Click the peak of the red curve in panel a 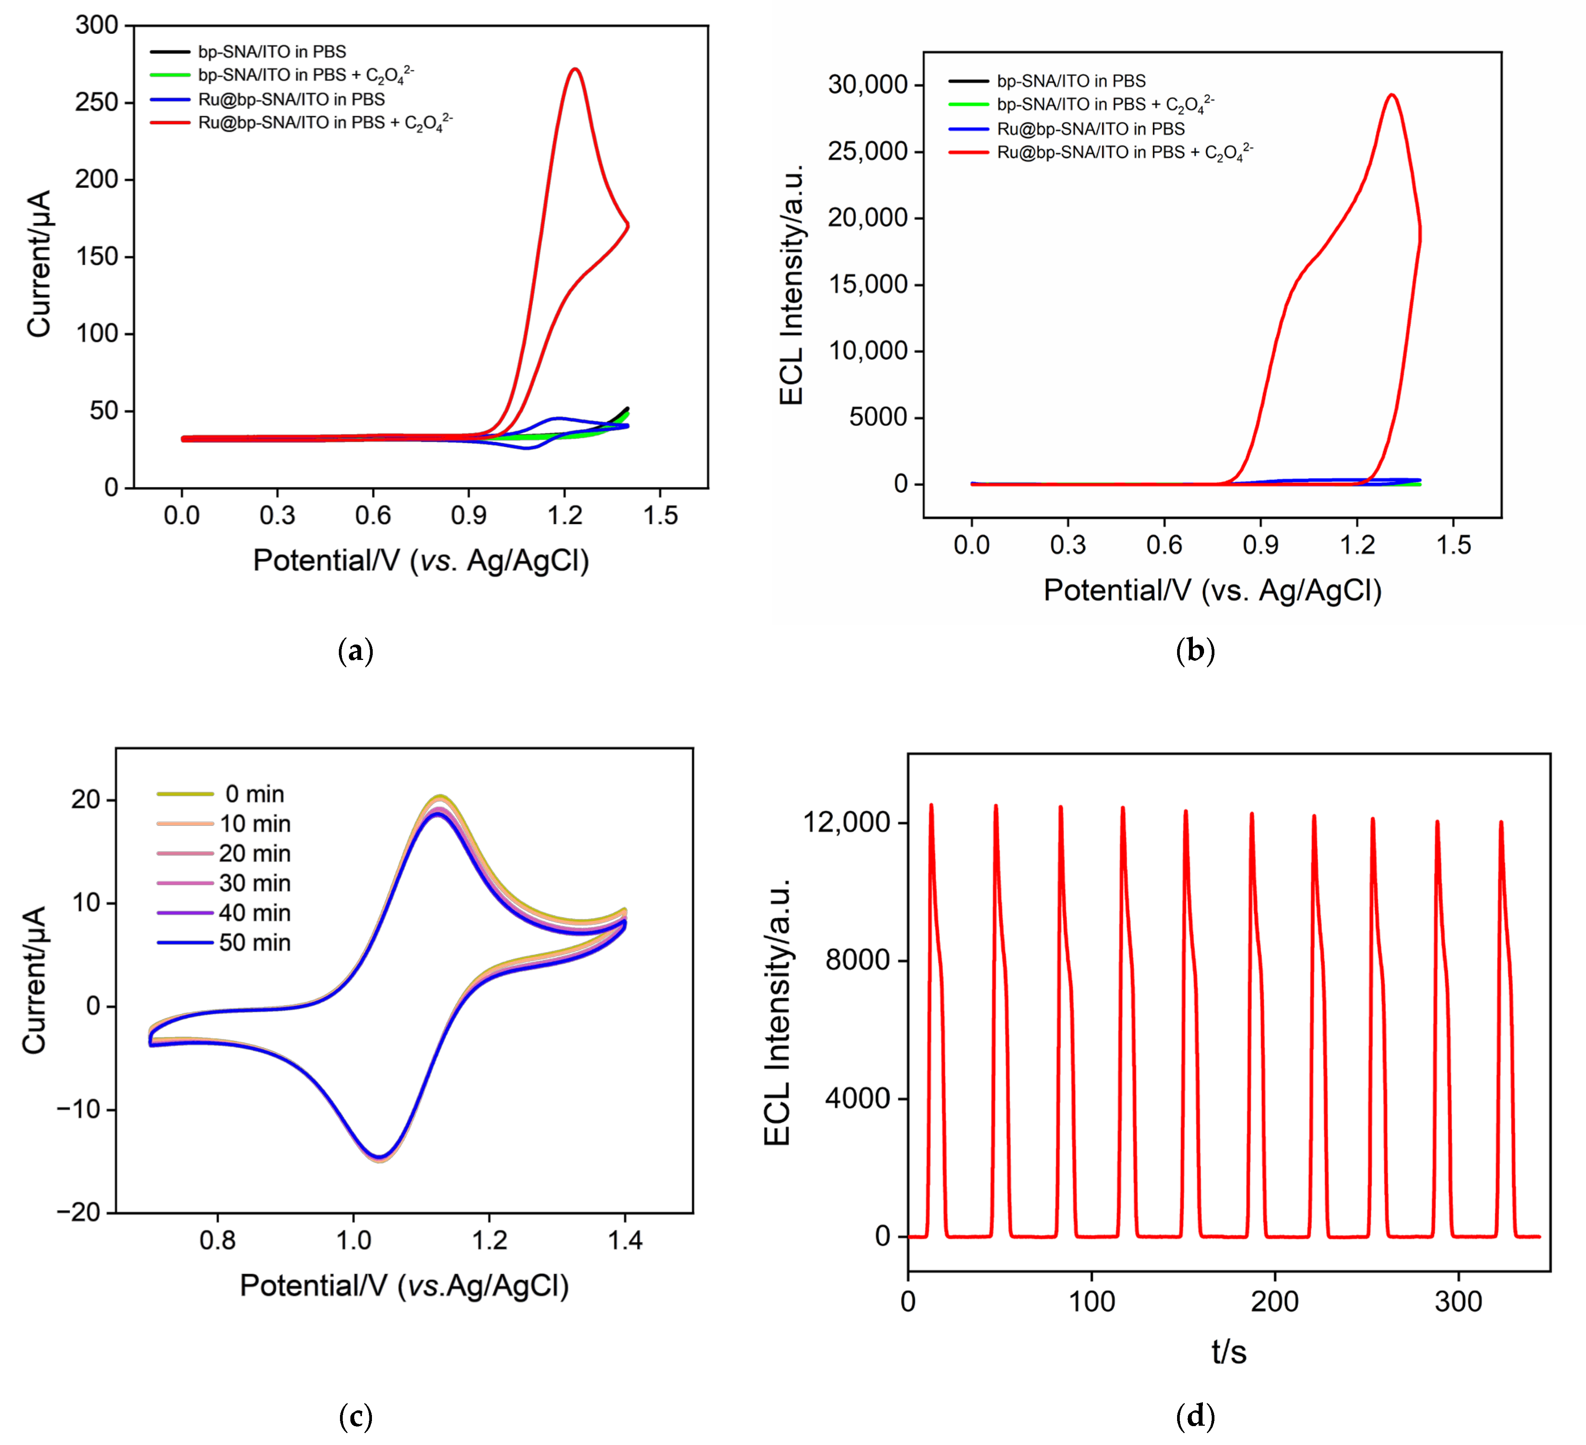(x=576, y=69)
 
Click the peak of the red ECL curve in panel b (x=1392, y=95)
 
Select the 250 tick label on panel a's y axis (x=96, y=102)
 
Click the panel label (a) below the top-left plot (x=355, y=651)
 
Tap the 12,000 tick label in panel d (x=846, y=823)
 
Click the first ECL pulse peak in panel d (x=931, y=805)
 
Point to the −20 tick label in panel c (x=79, y=1212)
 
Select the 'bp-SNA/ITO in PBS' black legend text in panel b (x=1071, y=81)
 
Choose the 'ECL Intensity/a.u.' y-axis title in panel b (x=791, y=285)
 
